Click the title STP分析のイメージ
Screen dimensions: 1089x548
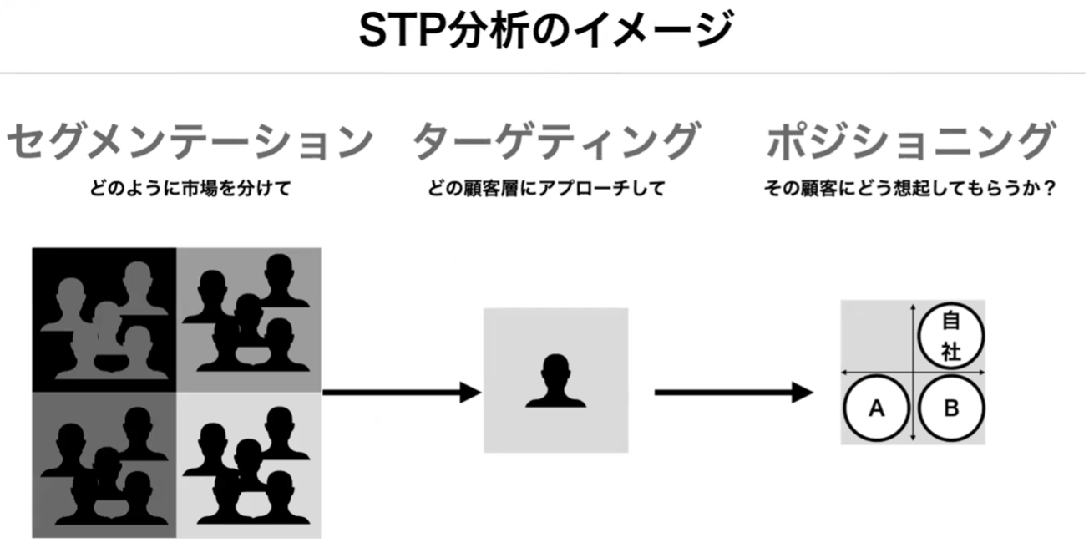point(546,30)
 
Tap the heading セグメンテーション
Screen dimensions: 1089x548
point(190,141)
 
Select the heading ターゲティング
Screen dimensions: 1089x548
point(556,141)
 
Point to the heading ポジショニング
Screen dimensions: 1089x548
point(911,141)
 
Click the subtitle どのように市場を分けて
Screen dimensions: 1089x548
point(190,188)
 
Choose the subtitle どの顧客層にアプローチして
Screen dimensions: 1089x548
point(546,188)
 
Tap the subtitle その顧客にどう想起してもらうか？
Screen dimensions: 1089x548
point(910,188)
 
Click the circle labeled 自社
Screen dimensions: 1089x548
point(951,336)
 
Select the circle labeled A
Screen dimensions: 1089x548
point(877,408)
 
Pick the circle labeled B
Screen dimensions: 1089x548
point(951,408)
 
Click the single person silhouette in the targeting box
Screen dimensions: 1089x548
point(555,381)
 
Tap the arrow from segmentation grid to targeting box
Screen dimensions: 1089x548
point(402,393)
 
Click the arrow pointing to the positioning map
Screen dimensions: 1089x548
point(734,393)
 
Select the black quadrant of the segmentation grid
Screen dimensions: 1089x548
point(104,320)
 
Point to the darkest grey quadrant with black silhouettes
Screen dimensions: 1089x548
point(104,464)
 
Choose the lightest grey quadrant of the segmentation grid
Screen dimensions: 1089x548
point(248,464)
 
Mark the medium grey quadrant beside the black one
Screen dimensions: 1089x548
point(248,320)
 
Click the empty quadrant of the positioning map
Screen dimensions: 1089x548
point(877,336)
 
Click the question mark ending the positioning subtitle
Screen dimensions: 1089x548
point(1050,188)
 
